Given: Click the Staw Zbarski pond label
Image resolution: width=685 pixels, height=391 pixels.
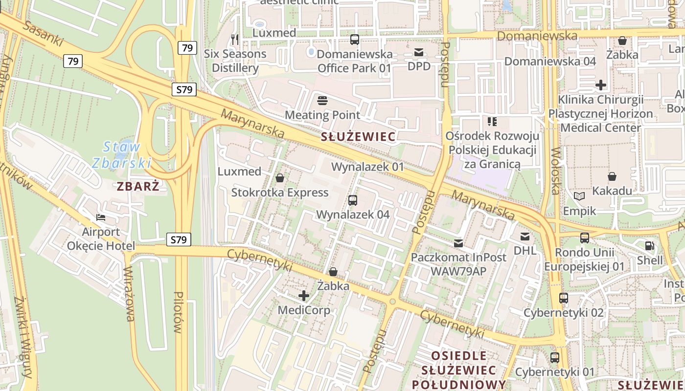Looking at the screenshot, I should [122, 154].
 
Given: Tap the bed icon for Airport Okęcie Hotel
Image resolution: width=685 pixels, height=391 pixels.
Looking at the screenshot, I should [101, 217].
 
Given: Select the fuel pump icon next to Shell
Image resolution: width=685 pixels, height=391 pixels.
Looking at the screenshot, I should [650, 246].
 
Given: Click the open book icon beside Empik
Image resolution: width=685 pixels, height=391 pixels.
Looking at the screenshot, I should [579, 196].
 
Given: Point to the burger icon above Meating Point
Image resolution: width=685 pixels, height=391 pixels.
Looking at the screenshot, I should [322, 101].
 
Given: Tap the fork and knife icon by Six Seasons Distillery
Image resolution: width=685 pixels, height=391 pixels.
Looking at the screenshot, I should [235, 39].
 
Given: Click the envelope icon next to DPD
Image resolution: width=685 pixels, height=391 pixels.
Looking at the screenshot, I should [419, 52].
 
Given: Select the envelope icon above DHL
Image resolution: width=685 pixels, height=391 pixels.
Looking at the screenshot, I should [525, 237].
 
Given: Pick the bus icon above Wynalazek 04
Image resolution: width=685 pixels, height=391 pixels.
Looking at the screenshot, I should [352, 200].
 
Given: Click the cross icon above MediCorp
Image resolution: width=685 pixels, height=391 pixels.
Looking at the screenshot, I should [304, 296].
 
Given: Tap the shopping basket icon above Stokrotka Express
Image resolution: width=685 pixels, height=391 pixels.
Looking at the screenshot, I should [280, 178].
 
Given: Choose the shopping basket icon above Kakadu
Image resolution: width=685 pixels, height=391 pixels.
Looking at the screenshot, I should [612, 176].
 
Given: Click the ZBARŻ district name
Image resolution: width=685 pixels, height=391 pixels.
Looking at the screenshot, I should [138, 186].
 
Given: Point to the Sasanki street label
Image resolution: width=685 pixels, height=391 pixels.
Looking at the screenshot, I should [44, 34].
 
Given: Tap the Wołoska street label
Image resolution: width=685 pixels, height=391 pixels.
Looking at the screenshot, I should [555, 171].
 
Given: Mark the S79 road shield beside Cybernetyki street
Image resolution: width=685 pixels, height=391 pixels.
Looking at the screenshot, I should [179, 239].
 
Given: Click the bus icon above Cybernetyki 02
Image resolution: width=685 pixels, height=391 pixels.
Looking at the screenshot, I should [564, 298].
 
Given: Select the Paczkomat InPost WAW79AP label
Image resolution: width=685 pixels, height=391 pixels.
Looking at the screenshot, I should [458, 264].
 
